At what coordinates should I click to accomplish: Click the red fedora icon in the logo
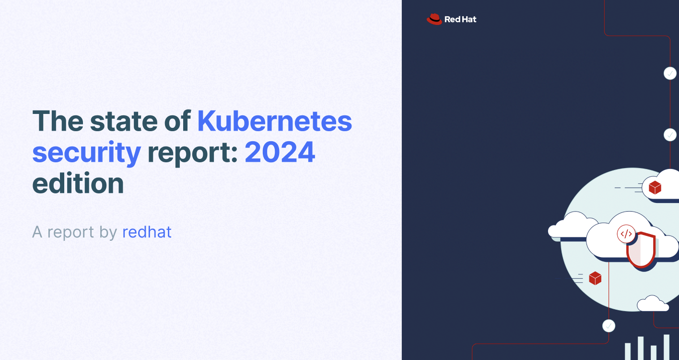pos(434,19)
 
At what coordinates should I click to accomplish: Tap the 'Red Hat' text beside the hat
pos(460,20)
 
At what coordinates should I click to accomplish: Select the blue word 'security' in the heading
pos(86,152)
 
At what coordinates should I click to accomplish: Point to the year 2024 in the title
pos(280,152)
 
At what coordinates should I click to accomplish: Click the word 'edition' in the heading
pos(78,184)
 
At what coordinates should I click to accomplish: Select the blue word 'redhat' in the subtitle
pos(147,232)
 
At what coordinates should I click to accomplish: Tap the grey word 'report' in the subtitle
pos(70,232)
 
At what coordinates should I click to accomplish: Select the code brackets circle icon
pos(626,234)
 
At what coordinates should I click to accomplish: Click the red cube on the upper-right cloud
pos(655,188)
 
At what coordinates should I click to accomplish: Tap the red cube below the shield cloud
pos(595,278)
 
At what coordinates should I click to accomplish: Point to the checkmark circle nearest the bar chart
pos(609,326)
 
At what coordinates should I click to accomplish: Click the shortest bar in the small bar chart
pos(654,352)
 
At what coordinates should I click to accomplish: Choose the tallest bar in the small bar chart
pos(667,347)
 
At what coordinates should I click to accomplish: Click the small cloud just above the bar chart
pos(652,304)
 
